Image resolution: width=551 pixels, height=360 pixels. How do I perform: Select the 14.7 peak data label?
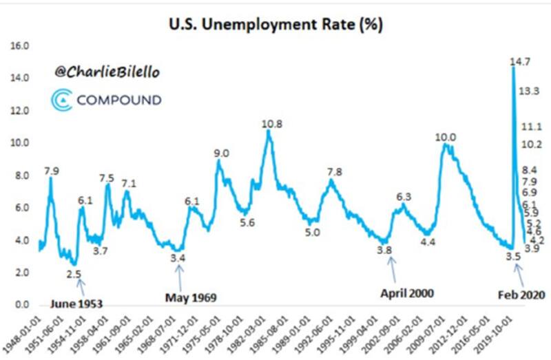click(x=519, y=63)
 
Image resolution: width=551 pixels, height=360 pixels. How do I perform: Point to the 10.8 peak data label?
click(x=271, y=124)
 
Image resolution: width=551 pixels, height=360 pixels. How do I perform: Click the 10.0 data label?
click(x=446, y=138)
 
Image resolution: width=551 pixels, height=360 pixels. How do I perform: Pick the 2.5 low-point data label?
click(x=74, y=274)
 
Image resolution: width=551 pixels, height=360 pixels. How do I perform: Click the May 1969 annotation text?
click(x=191, y=297)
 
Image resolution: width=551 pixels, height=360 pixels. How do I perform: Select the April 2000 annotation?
click(x=408, y=293)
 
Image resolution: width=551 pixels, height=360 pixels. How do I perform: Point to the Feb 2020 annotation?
click(x=521, y=295)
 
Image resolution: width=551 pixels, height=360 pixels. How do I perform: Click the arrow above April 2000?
click(x=393, y=270)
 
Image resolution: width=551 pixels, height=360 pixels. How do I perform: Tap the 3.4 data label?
click(x=178, y=257)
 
